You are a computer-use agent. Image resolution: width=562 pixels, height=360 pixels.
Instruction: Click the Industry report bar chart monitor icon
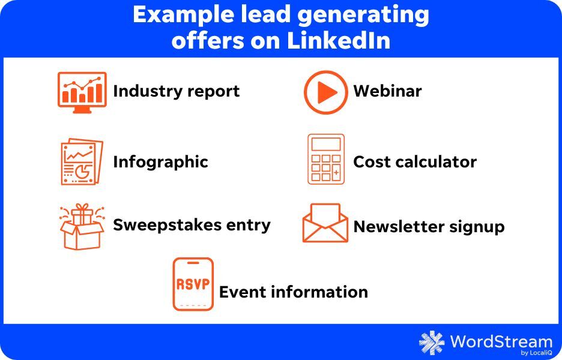(82, 92)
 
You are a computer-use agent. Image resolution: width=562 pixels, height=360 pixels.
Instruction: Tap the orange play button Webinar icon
(325, 92)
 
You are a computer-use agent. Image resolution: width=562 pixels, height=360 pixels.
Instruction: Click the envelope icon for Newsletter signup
(325, 223)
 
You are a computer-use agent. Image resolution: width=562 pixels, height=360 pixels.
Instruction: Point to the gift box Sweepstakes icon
(82, 227)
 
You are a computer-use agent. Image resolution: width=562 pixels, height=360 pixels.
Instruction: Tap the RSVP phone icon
(193, 284)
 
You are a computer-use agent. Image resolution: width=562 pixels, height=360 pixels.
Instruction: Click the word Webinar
(387, 91)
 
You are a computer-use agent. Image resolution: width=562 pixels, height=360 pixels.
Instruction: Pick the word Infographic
(160, 162)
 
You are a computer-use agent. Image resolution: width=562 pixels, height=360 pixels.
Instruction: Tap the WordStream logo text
(501, 341)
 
